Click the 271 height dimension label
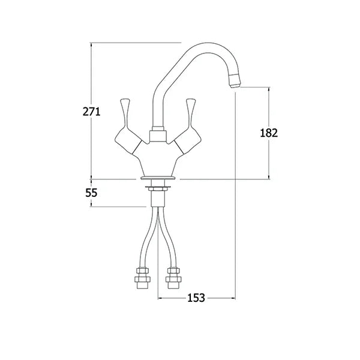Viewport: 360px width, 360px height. click(91, 111)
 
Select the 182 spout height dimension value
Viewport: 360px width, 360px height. click(269, 133)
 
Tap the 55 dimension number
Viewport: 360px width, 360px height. click(91, 193)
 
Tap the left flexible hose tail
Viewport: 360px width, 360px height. click(147, 240)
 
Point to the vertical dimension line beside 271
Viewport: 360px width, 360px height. click(91, 72)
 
